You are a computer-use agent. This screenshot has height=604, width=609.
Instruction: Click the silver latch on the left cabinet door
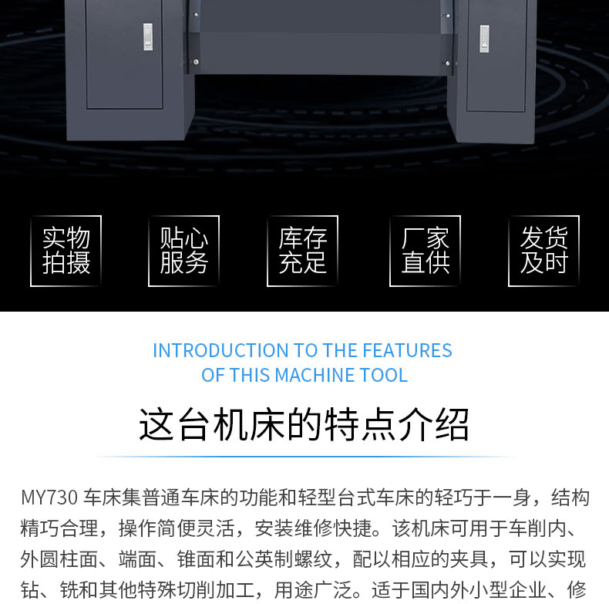(x=148, y=37)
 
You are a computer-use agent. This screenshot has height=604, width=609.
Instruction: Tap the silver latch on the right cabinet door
(x=484, y=39)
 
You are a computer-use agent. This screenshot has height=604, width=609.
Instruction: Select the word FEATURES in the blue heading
(x=408, y=350)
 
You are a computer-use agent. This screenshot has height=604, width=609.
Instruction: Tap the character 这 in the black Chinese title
(x=156, y=424)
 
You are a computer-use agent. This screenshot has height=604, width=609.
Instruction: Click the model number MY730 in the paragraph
(x=49, y=498)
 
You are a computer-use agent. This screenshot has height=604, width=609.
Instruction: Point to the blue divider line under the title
(x=304, y=457)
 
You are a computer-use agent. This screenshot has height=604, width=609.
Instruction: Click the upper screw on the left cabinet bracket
(x=196, y=15)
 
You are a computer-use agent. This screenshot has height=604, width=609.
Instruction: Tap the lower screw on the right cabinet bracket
(x=447, y=63)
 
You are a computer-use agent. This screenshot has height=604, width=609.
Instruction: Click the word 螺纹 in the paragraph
(x=314, y=560)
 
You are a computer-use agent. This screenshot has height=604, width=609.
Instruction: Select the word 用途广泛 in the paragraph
(x=314, y=590)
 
